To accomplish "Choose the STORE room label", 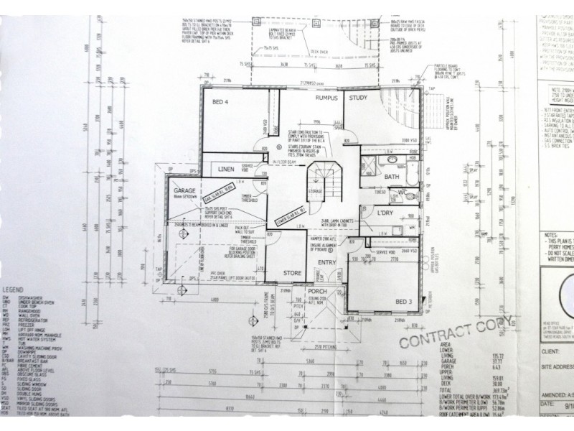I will point(293,272).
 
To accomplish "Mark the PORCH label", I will point(317,291).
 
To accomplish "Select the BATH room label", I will point(391,177).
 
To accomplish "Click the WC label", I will point(403,192).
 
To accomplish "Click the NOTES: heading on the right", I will point(550,235).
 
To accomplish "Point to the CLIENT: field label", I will point(550,353).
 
